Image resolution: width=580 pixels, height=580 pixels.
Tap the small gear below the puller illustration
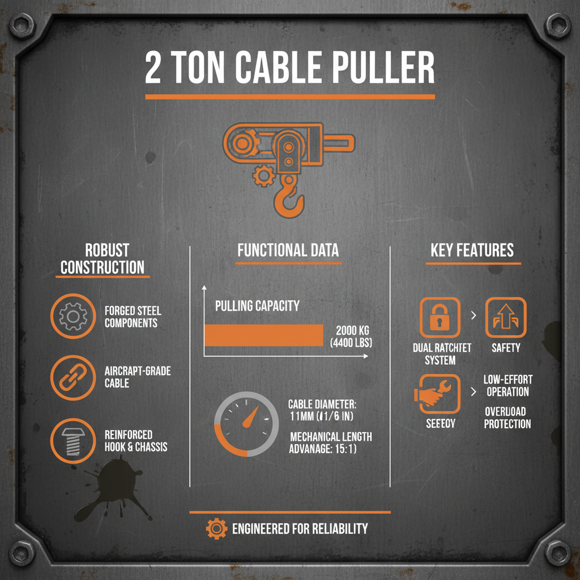[263, 176]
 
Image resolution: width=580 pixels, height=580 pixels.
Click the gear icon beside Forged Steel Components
[72, 317]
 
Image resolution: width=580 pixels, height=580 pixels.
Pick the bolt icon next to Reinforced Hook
[72, 440]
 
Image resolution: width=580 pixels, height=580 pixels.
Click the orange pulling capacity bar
[263, 335]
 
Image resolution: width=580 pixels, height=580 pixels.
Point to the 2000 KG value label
[354, 330]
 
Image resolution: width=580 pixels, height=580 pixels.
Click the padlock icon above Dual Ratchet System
[440, 318]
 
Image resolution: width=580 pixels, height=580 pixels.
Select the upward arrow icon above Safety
[506, 318]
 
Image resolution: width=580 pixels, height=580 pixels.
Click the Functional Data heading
[288, 250]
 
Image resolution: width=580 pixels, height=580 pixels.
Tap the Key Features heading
[472, 250]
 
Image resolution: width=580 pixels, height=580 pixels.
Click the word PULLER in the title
[374, 69]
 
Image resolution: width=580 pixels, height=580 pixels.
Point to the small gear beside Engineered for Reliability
[216, 529]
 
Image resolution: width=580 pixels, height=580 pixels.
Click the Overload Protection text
[507, 417]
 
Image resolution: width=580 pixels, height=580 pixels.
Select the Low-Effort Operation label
[507, 385]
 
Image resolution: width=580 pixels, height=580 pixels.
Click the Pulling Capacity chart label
[257, 306]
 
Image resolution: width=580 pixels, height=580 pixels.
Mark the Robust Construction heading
[103, 258]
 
